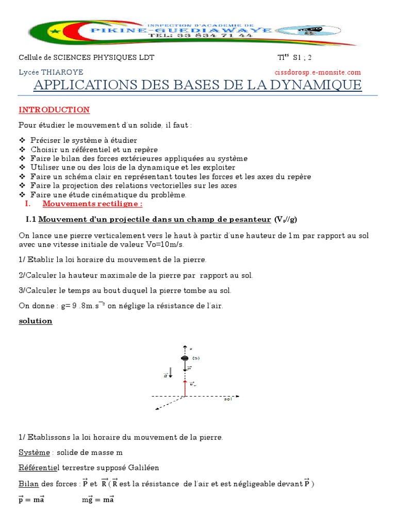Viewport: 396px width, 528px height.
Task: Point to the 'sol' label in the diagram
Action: click(227, 399)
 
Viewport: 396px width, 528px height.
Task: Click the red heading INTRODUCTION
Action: click(54, 110)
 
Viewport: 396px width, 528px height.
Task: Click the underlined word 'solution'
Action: click(36, 321)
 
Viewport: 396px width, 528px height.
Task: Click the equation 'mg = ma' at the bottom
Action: click(98, 500)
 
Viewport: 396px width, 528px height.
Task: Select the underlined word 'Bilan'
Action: click(28, 484)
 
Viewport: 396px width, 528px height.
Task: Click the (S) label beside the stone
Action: click(196, 358)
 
